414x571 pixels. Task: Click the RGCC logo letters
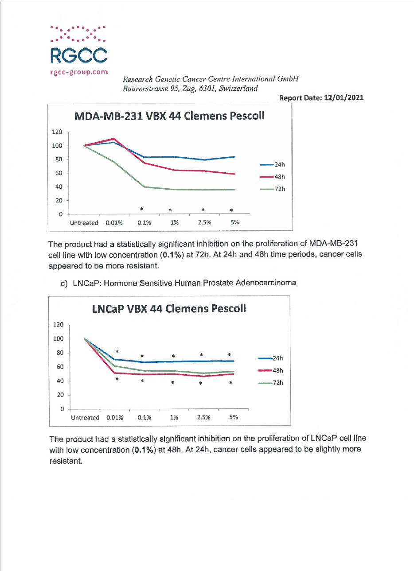(x=79, y=55)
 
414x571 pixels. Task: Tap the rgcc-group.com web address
(x=79, y=72)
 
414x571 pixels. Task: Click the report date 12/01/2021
(x=344, y=97)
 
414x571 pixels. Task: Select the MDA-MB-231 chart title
(x=169, y=116)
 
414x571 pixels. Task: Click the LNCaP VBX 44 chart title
(x=169, y=309)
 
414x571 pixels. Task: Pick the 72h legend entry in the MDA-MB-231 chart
(x=272, y=189)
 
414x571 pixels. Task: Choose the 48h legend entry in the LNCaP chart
(x=270, y=371)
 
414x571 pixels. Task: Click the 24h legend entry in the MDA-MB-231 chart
(x=272, y=165)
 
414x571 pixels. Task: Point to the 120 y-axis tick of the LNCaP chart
(x=58, y=325)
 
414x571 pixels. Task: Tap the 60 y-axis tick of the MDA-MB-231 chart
(x=59, y=173)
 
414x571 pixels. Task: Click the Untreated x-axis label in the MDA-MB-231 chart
(x=84, y=223)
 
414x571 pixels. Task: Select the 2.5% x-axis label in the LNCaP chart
(x=203, y=417)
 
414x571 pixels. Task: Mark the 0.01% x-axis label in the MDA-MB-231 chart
(x=114, y=223)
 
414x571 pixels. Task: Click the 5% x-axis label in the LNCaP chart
(x=234, y=417)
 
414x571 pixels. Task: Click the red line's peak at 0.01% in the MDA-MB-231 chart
(x=114, y=139)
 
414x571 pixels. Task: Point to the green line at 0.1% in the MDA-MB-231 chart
(x=145, y=187)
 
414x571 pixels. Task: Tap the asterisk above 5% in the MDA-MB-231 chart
(x=231, y=210)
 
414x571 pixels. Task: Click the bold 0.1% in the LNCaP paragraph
(x=144, y=450)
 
